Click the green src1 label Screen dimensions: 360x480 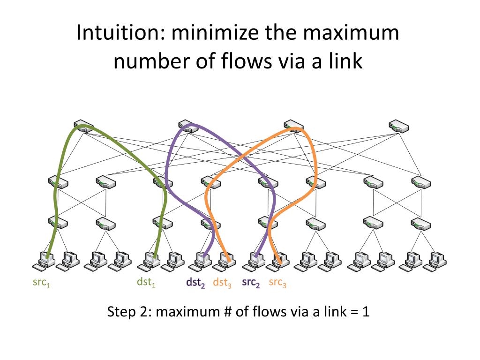pyautogui.click(x=41, y=283)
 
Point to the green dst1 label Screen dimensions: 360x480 pyautogui.click(x=146, y=283)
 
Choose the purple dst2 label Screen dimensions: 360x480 pyautogui.click(x=195, y=283)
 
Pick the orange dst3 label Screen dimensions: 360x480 pyautogui.click(x=222, y=283)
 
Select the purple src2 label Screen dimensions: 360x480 pyautogui.click(x=251, y=283)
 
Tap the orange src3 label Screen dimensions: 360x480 pyautogui.click(x=277, y=283)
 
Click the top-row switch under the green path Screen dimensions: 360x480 pyautogui.click(x=84, y=126)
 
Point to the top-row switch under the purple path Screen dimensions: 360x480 pyautogui.click(x=188, y=126)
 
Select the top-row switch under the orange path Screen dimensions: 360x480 pyautogui.click(x=293, y=126)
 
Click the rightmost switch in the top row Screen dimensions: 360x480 pyautogui.click(x=398, y=126)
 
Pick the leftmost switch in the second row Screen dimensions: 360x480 pyautogui.click(x=58, y=182)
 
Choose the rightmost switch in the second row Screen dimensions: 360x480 pyautogui.click(x=421, y=182)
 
